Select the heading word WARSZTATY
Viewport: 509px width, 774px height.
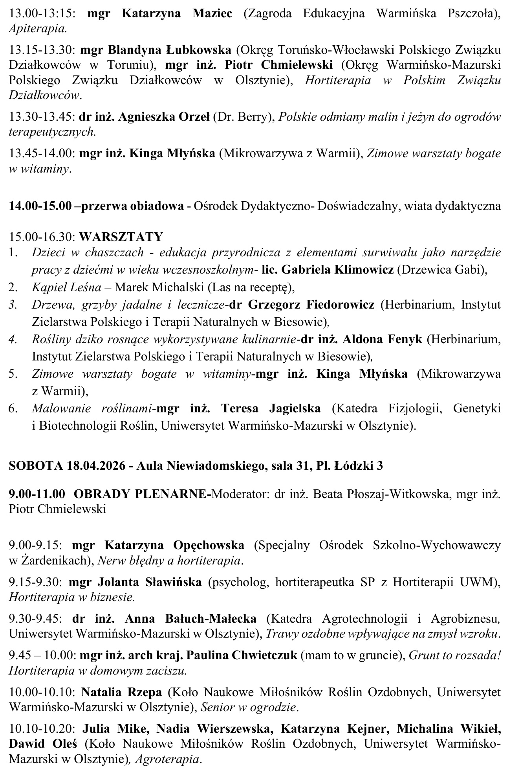tap(121, 237)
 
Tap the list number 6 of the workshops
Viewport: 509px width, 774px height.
tap(13, 408)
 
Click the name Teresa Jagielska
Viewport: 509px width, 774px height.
tap(271, 408)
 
